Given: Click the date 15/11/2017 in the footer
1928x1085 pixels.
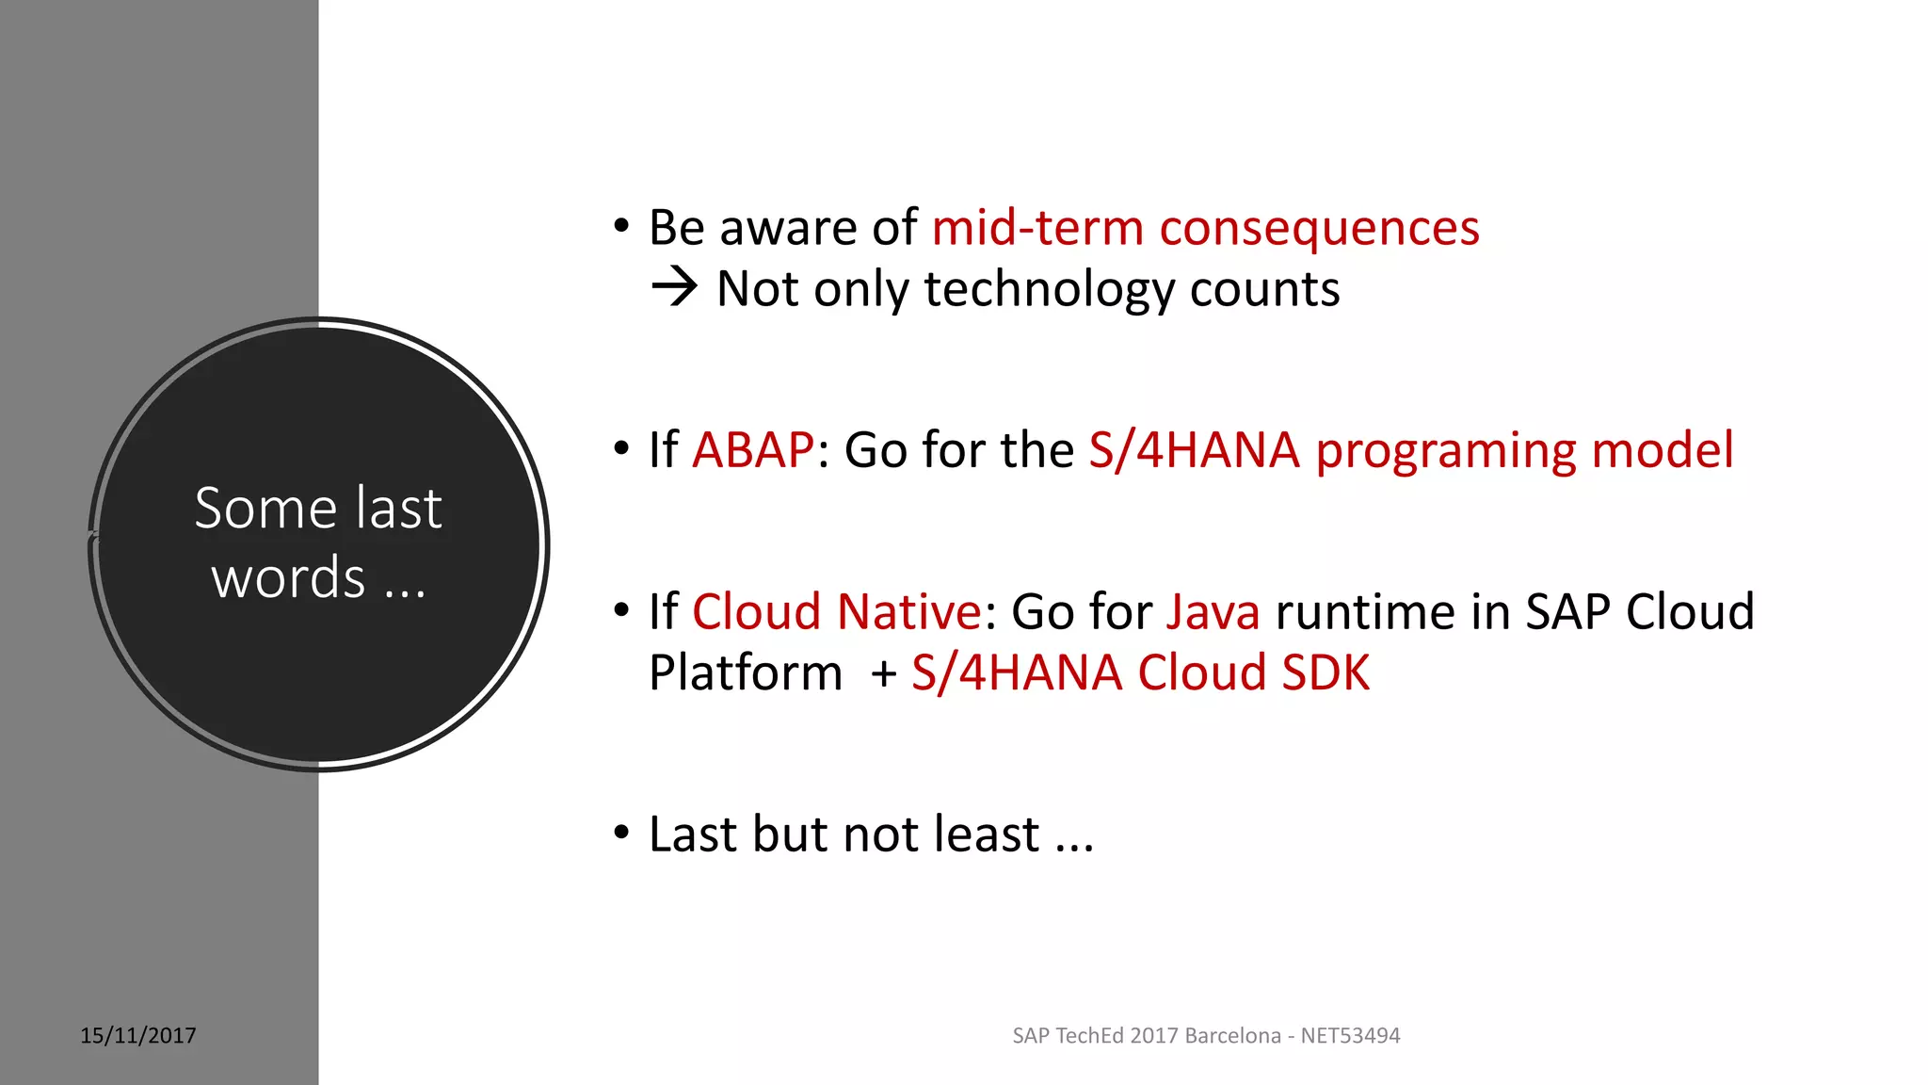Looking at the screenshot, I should (x=138, y=1035).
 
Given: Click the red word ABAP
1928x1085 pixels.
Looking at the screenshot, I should (x=753, y=449).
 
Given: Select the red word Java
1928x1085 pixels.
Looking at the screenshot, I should (x=1213, y=611).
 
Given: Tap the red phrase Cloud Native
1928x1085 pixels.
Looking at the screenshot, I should (x=837, y=611).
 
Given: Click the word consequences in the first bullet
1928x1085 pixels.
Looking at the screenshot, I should (x=1319, y=229).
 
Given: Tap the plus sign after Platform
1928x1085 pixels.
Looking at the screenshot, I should (x=883, y=674).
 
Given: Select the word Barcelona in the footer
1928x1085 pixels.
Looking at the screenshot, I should (x=1232, y=1035).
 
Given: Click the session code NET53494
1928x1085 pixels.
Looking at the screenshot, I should (x=1350, y=1035).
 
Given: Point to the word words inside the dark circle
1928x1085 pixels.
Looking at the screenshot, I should (x=288, y=577).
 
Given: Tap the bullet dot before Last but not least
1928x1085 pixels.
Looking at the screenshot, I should (x=620, y=833).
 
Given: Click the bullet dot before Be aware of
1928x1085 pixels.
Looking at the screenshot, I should (x=620, y=226).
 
